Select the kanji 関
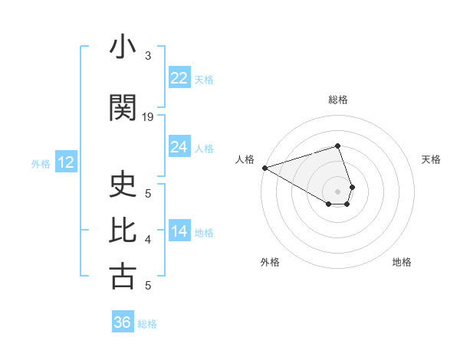pyautogui.click(x=123, y=108)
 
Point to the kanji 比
pyautogui.click(x=123, y=230)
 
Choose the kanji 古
pyautogui.click(x=123, y=276)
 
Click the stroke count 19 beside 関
pyautogui.click(x=148, y=116)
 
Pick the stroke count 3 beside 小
pyautogui.click(x=148, y=55)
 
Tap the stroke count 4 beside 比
pyautogui.click(x=148, y=240)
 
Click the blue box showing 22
pyautogui.click(x=179, y=78)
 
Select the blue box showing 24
pyautogui.click(x=179, y=147)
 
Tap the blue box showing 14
pyautogui.click(x=179, y=231)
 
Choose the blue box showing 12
pyautogui.click(x=66, y=162)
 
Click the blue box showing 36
pyautogui.click(x=123, y=322)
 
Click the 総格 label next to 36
pyautogui.click(x=147, y=324)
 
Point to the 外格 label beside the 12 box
pyautogui.click(x=41, y=163)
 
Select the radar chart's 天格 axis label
pyautogui.click(x=431, y=159)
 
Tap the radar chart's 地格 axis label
pyautogui.click(x=402, y=262)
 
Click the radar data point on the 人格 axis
pyautogui.click(x=264, y=167)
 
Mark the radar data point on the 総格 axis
pyautogui.click(x=337, y=146)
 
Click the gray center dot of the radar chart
pyautogui.click(x=337, y=191)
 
